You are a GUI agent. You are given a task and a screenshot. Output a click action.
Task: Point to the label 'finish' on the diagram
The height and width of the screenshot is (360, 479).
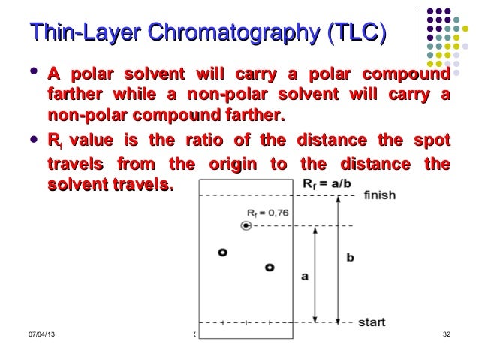coord(379,195)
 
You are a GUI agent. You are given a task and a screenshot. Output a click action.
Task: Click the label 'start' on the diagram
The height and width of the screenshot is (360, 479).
coord(372,322)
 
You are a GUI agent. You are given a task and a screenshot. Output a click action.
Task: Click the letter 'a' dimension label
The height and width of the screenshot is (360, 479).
coord(304,276)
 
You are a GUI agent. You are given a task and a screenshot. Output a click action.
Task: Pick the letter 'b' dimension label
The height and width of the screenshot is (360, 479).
coord(350,257)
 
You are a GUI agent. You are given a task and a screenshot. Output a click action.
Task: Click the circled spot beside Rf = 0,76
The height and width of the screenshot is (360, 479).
coord(246,225)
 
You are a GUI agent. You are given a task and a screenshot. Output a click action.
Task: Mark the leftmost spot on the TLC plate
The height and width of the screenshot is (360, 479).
coord(222,253)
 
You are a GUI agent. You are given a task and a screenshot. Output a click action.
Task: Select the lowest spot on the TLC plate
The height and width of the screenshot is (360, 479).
coord(269,267)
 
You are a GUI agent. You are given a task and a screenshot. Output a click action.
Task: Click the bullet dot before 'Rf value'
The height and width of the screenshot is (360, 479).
coord(32,140)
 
